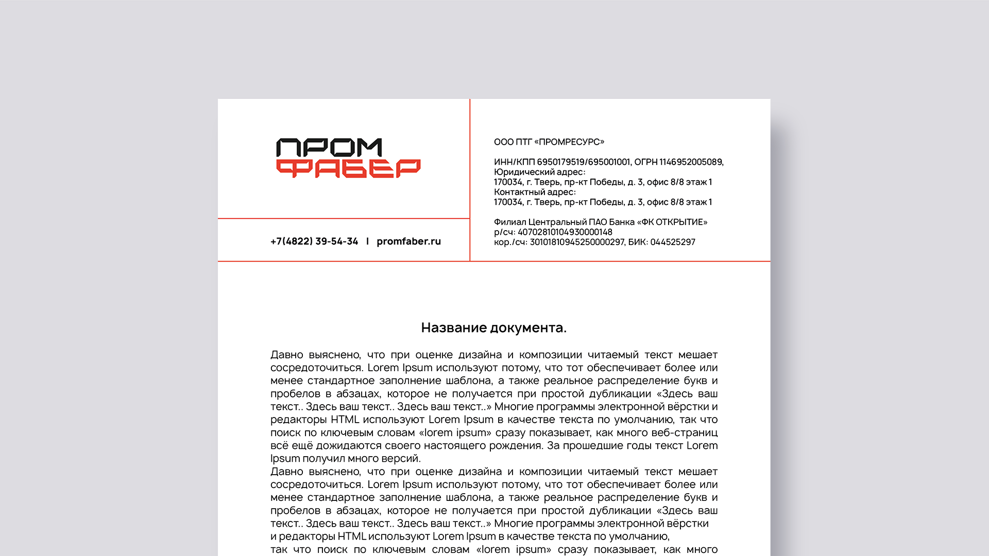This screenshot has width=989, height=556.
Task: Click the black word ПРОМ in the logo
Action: pos(329,148)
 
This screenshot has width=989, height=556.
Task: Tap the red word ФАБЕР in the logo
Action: pos(348,168)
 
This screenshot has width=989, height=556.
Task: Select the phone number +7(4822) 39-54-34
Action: pos(314,241)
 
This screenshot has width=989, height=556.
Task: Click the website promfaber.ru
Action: pos(408,241)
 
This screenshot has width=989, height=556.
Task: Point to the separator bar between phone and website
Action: pos(367,241)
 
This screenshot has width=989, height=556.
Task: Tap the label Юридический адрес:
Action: pos(539,172)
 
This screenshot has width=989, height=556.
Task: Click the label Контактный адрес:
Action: pos(535,193)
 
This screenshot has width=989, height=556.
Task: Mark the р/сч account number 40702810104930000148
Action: pos(565,232)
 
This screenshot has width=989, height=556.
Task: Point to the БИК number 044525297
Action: pos(672,242)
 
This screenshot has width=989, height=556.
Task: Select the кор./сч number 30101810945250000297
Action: pos(577,242)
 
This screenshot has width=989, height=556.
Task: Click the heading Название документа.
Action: pos(493,328)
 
